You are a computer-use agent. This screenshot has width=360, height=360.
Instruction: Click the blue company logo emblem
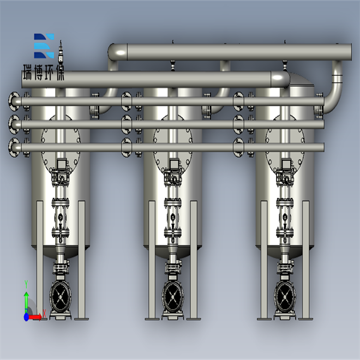[x=44, y=46]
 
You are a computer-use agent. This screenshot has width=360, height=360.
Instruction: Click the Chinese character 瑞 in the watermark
[x=28, y=73]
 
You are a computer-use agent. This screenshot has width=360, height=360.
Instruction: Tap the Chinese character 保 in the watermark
[x=61, y=73]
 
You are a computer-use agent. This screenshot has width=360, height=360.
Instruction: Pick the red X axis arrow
[x=35, y=317]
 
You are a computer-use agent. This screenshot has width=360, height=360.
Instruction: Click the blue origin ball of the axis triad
[x=26, y=317]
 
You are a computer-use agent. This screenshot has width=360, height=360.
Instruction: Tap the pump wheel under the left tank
[x=61, y=297]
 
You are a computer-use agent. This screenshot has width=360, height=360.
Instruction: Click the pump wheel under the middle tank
[x=173, y=297]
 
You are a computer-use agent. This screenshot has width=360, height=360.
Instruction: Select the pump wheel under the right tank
[x=285, y=297]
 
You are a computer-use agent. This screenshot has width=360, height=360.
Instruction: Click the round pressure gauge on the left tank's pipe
[x=61, y=217]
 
